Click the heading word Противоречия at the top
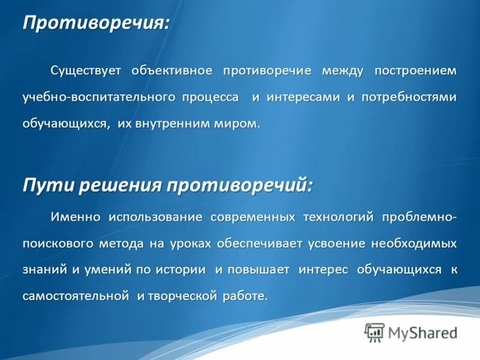(x=95, y=23)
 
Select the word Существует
(x=86, y=71)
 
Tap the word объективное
(x=172, y=71)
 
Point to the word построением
(x=415, y=71)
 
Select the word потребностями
(x=409, y=97)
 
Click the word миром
(x=238, y=124)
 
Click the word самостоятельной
(x=76, y=296)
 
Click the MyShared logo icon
(x=374, y=332)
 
